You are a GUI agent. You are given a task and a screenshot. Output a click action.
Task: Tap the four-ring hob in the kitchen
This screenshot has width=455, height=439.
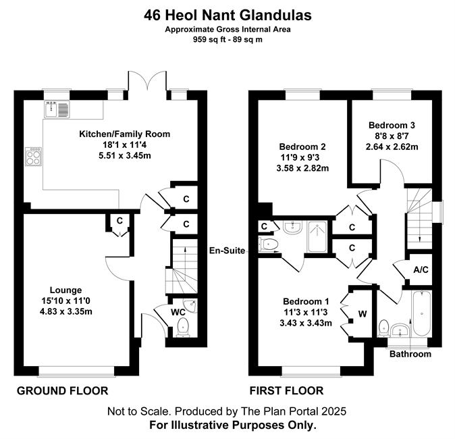click(x=33, y=157)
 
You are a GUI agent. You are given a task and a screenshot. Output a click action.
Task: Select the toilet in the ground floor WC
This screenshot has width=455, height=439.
click(x=182, y=327)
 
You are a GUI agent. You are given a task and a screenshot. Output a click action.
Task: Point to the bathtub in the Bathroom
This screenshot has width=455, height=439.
click(x=421, y=313)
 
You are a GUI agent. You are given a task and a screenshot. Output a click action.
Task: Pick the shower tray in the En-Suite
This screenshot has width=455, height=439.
click(x=317, y=236)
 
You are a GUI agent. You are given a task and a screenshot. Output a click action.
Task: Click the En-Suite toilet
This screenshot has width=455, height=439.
click(x=268, y=244)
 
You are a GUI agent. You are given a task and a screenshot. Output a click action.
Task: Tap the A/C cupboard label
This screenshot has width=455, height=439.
click(x=421, y=269)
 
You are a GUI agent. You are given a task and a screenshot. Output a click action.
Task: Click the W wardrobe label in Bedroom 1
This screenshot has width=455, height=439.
click(x=363, y=314)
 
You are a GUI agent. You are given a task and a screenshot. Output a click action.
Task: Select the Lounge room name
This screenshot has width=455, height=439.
click(x=66, y=290)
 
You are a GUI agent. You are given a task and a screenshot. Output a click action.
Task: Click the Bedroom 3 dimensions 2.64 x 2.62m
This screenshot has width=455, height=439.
click(x=392, y=147)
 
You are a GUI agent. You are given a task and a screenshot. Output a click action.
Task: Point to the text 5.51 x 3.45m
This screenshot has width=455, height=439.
click(x=125, y=155)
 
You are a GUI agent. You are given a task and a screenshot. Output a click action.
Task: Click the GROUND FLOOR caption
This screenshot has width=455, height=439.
click(x=62, y=391)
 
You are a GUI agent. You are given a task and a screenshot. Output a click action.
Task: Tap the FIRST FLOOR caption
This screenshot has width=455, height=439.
click(x=287, y=391)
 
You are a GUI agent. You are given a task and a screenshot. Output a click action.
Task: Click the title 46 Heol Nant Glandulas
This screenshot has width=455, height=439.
click(x=228, y=16)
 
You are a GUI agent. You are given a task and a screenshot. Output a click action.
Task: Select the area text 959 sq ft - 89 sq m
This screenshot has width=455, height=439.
click(x=228, y=39)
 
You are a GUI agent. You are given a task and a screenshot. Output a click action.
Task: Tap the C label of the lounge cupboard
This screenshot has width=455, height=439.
click(x=119, y=221)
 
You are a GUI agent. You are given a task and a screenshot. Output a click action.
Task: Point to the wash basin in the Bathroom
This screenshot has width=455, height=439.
click(x=400, y=330)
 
